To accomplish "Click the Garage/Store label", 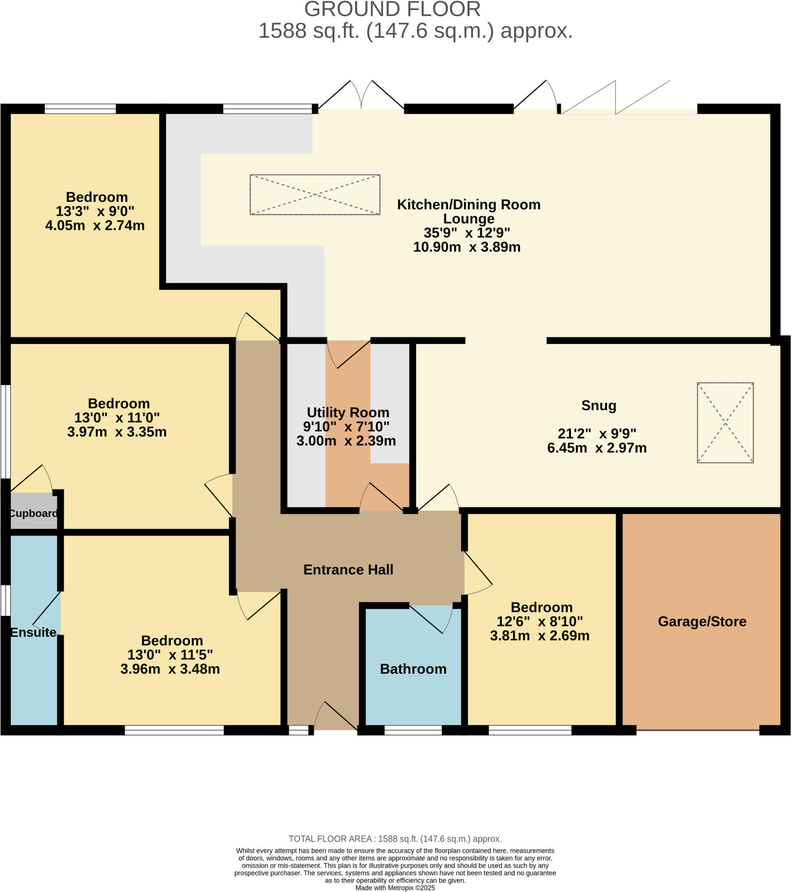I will tap(702, 621).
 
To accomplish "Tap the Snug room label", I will tap(598, 405).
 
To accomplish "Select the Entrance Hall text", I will tap(348, 570).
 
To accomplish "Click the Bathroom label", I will tap(413, 669).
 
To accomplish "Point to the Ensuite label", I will tap(33, 632).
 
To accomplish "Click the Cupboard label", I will tap(33, 513).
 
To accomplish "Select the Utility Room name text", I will tap(348, 412).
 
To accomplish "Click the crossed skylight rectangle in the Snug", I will tap(725, 422).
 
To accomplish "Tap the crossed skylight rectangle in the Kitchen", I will tap(315, 195).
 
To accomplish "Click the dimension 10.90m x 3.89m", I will tap(466, 247).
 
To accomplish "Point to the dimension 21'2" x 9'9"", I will tap(597, 434).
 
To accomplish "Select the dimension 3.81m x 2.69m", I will tap(540, 635).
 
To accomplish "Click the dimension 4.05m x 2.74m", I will tap(94, 225).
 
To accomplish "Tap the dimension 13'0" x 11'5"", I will tap(170, 655).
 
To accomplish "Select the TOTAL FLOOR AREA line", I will tap(395, 839).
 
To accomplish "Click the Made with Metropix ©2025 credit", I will tap(395, 888).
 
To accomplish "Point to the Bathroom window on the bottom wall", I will tap(413, 730).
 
